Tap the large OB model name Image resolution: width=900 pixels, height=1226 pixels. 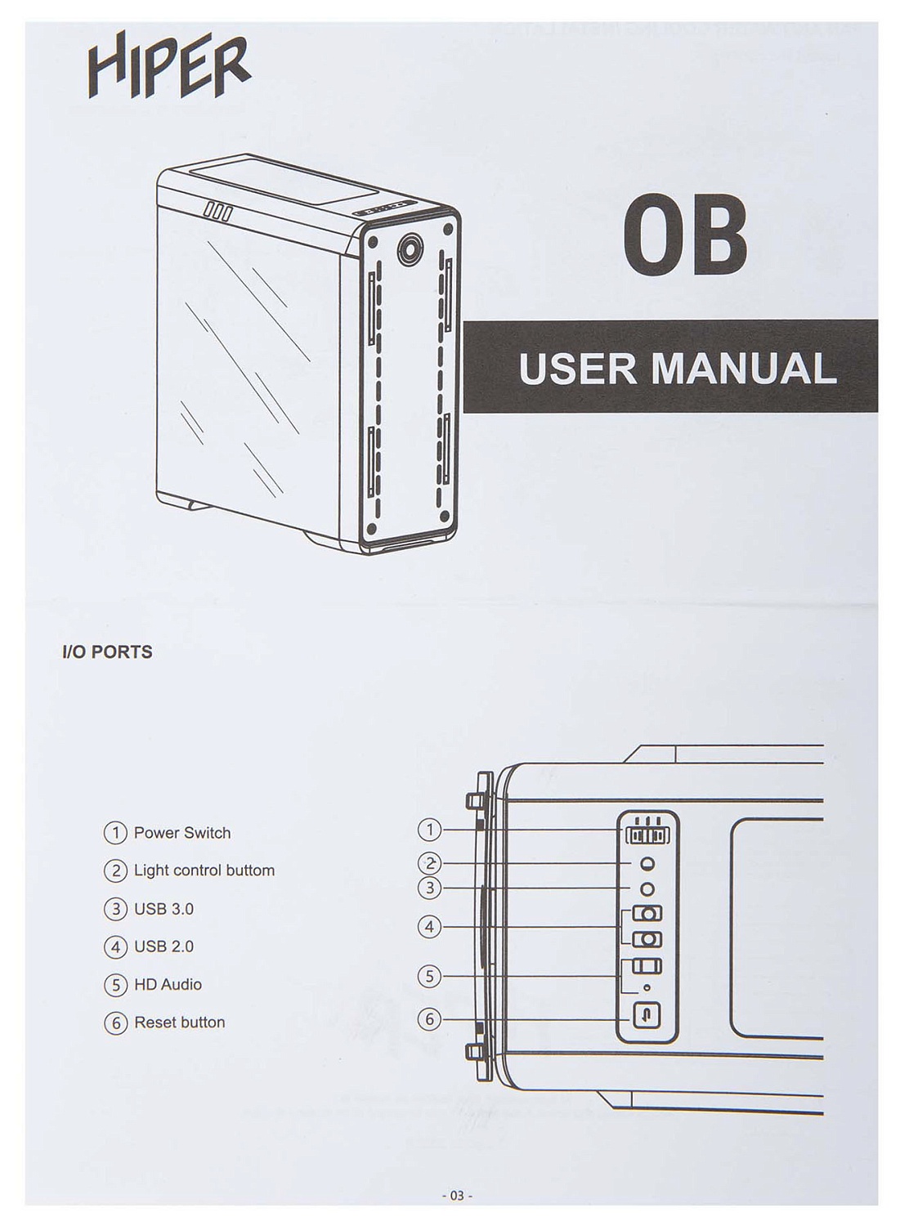click(685, 235)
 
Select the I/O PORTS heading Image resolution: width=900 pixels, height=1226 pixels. click(107, 652)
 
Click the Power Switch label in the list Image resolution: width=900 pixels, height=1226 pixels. click(182, 833)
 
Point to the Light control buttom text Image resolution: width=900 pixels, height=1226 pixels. click(204, 870)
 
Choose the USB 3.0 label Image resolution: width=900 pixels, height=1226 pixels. click(163, 909)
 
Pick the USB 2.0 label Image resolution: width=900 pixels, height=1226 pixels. click(163, 946)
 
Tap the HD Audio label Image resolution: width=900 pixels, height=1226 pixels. click(168, 984)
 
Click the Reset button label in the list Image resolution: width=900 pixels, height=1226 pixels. click(179, 1022)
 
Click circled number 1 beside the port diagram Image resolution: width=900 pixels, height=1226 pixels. click(429, 830)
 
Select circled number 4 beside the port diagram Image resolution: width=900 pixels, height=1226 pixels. click(429, 927)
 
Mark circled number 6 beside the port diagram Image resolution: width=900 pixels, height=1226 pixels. click(429, 1019)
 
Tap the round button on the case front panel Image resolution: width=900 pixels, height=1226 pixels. click(410, 247)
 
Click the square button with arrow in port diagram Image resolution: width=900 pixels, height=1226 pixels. click(647, 1017)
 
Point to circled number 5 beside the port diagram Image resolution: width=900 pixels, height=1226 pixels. click(429, 976)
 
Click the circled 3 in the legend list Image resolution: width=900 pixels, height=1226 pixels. click(116, 909)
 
